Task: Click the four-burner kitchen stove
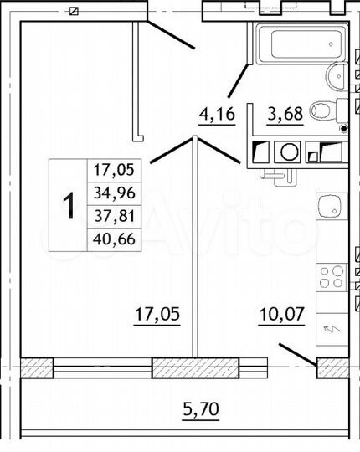point(330,275)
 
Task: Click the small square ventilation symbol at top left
point(74,11)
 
